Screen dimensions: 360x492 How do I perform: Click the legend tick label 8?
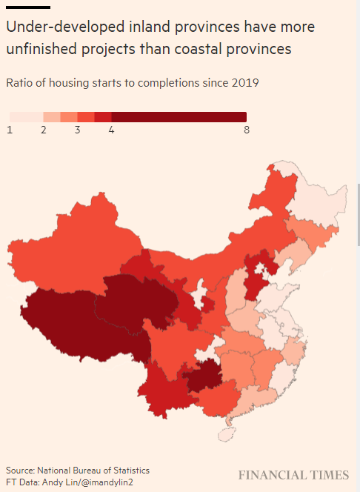click(x=247, y=130)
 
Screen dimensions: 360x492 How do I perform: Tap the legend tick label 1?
click(x=10, y=130)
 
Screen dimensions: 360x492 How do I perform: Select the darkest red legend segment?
click(x=179, y=117)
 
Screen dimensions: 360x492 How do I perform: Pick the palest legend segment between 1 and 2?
click(x=27, y=117)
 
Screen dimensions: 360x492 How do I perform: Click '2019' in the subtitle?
click(x=245, y=83)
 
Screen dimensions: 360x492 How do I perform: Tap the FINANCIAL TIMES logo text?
click(x=293, y=475)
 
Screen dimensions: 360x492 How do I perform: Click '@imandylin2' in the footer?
click(x=107, y=482)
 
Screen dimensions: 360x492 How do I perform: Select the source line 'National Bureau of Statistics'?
click(x=93, y=471)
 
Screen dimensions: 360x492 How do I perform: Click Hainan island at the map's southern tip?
click(x=227, y=434)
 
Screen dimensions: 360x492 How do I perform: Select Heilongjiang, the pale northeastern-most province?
click(x=317, y=201)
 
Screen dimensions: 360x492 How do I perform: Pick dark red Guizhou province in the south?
click(x=203, y=375)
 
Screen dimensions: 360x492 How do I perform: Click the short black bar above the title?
click(x=28, y=7)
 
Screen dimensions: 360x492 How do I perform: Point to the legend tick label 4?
click(x=111, y=130)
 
